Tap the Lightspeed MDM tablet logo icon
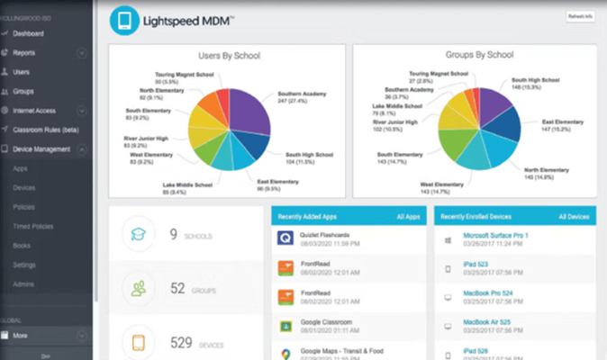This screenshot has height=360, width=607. coord(124,21)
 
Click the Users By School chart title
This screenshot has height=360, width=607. coord(228,56)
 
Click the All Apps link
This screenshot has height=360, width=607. coord(410,217)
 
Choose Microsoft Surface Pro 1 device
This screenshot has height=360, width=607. coord(495,235)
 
